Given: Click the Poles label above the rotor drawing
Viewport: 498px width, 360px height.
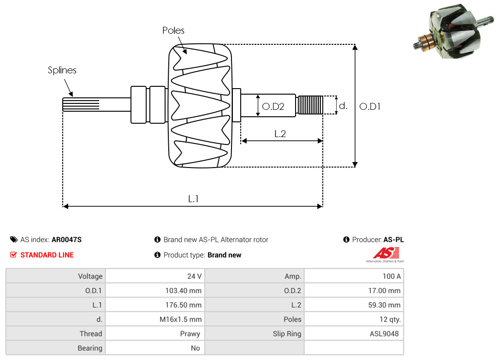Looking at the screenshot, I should pyautogui.click(x=173, y=30).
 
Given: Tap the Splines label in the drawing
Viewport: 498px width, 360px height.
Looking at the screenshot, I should pyautogui.click(x=62, y=70).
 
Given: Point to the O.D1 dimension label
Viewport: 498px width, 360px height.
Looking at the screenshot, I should pyautogui.click(x=370, y=107).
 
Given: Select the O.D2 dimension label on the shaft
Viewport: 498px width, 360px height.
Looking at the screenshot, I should pyautogui.click(x=273, y=107).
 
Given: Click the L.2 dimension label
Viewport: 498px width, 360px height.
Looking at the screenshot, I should pyautogui.click(x=280, y=134).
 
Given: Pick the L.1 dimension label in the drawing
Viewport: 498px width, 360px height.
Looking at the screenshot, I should pyautogui.click(x=193, y=199).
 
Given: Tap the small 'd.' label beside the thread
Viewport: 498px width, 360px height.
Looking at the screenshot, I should pyautogui.click(x=343, y=106).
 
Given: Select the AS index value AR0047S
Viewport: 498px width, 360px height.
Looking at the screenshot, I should pyautogui.click(x=66, y=240).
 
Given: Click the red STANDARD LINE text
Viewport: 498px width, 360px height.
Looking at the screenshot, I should pyautogui.click(x=47, y=255).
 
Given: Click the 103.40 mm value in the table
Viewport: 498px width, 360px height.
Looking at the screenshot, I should pyautogui.click(x=184, y=290).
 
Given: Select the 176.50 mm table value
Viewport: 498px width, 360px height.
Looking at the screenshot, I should pyautogui.click(x=184, y=305).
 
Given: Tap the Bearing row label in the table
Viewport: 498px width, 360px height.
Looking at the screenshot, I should pyautogui.click(x=90, y=348).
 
